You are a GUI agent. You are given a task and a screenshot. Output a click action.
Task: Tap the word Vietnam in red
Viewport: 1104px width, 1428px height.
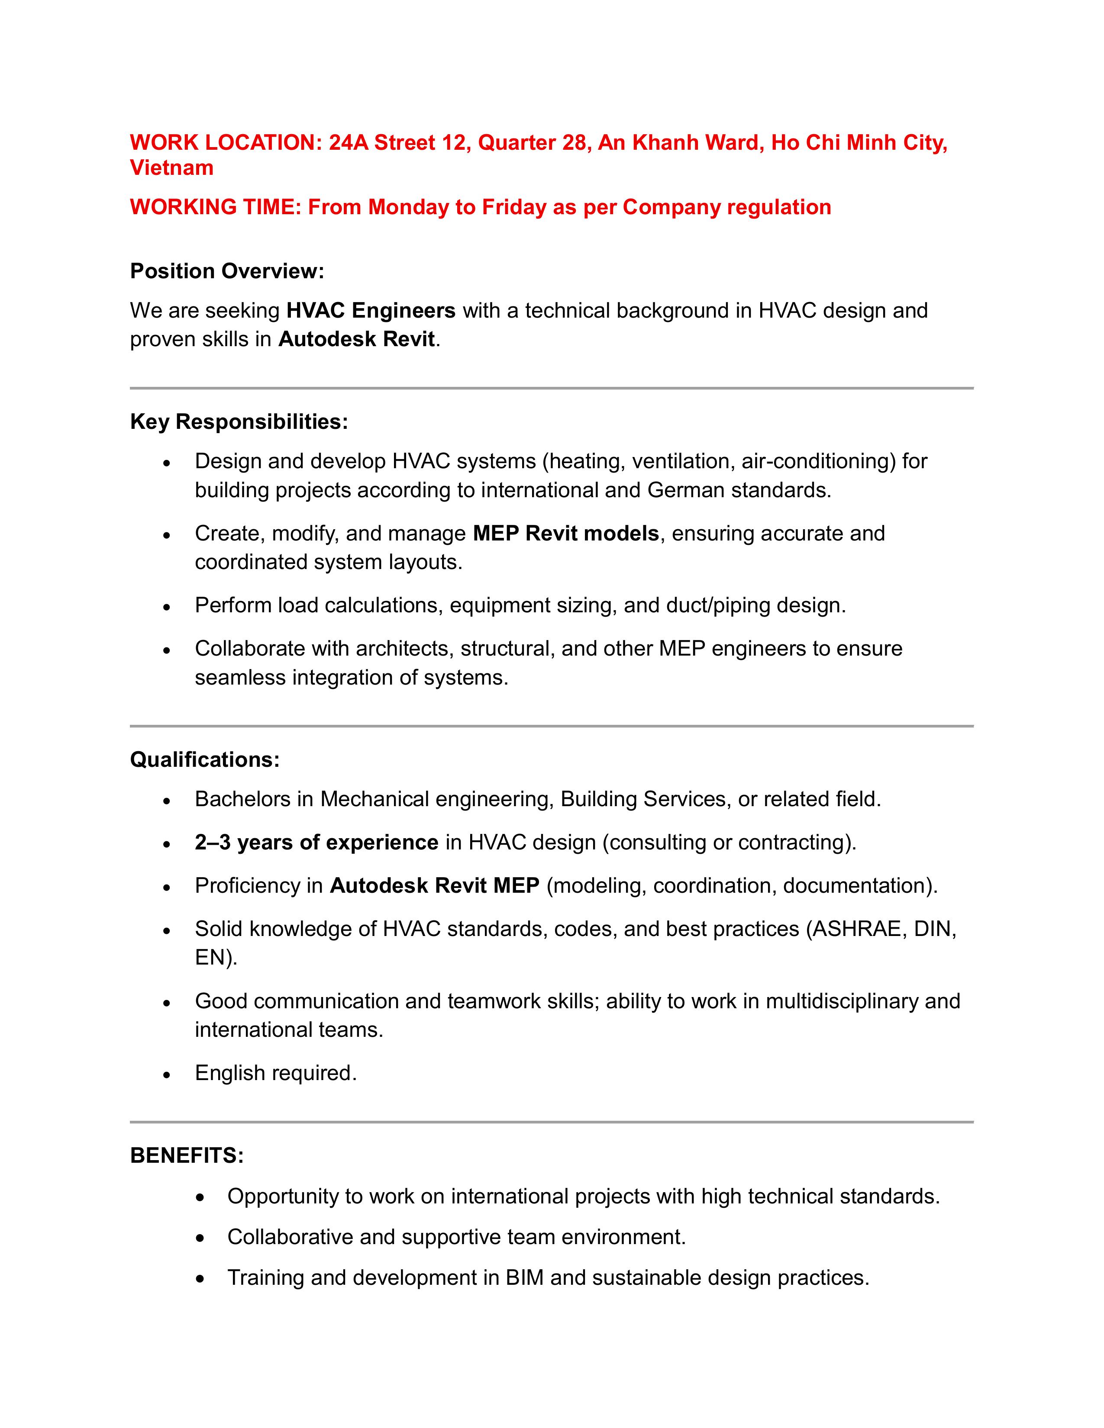(172, 168)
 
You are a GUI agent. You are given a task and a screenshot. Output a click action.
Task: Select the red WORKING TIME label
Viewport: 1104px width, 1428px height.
(216, 207)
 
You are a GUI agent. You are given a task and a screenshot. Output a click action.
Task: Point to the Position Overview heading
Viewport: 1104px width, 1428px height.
(227, 271)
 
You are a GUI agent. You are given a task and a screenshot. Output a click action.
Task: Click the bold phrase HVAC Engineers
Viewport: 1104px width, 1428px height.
(371, 311)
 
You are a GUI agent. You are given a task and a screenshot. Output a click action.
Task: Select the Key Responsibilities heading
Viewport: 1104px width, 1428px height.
(239, 422)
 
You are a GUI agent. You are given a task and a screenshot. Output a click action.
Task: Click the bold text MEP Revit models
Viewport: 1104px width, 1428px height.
(566, 534)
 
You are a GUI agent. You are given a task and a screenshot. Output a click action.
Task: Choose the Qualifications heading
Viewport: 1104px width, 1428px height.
(205, 760)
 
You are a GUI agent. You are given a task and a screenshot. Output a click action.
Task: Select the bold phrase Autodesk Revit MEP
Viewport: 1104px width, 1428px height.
(434, 886)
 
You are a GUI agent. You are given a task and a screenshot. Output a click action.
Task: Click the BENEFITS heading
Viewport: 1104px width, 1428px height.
(187, 1156)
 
